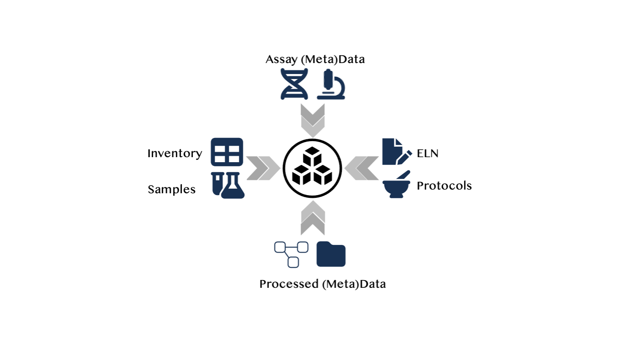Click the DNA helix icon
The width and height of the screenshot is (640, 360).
294,84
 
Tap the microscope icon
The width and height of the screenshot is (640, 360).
331,84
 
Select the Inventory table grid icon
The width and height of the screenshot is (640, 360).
227,152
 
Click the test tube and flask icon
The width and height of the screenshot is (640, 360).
228,185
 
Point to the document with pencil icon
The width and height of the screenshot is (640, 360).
396,152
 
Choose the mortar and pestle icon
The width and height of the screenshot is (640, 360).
396,185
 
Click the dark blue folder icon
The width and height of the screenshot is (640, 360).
331,254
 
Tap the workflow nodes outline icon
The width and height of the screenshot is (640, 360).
291,254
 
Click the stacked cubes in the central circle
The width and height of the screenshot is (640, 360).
312,169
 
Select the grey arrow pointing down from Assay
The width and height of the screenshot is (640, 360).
313,120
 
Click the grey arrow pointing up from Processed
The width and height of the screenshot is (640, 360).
313,218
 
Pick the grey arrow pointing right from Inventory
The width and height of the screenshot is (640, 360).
264,168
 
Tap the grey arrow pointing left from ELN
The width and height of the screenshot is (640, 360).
362,168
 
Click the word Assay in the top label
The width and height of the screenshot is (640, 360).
280,59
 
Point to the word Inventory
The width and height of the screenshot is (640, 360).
175,154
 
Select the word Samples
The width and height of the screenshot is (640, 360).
172,189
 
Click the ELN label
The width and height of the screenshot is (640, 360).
428,154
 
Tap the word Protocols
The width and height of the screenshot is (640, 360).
444,185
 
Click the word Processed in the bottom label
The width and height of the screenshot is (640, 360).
289,284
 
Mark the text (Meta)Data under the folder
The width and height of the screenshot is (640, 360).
354,284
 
